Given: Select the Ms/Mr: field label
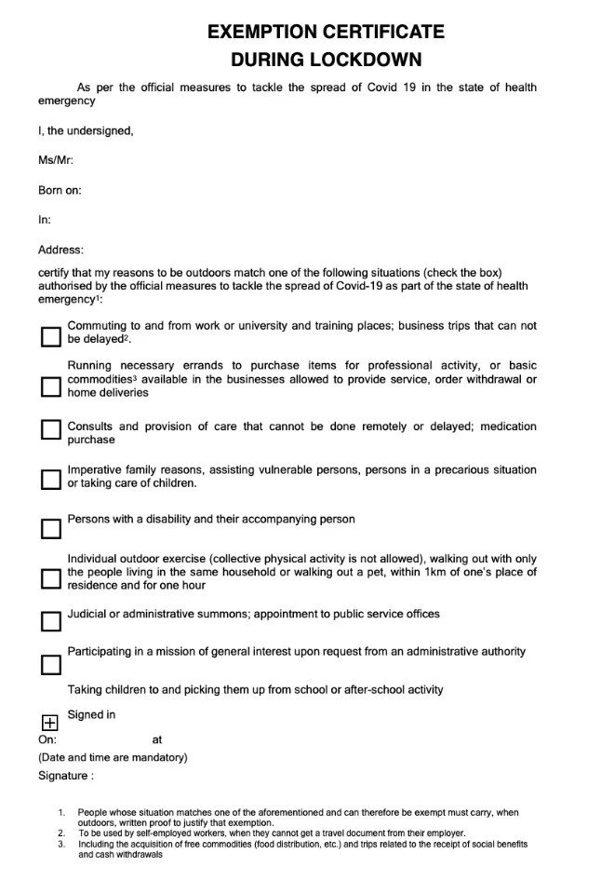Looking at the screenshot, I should coord(56,160).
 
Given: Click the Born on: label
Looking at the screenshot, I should coord(60,190).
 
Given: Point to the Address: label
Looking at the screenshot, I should coord(60,250).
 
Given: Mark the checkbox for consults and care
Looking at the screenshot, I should coord(50,429).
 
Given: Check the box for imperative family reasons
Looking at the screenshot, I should coord(50,479).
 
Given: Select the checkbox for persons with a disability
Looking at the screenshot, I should coord(50,529).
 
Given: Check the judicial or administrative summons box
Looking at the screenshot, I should coord(50,620).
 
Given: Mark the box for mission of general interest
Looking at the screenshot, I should coord(50,664).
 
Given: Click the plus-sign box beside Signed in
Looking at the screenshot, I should coord(50,722).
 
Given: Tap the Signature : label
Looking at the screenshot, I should coord(65,775).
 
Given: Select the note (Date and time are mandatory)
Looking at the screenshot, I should coord(113,757).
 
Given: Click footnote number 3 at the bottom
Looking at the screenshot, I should coord(60,844).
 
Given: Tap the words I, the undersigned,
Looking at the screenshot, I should coord(86,130).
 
